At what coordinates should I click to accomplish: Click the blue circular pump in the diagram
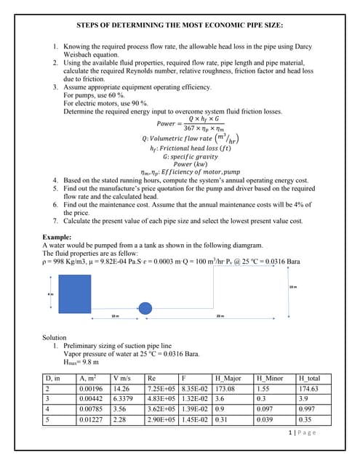click(145, 308)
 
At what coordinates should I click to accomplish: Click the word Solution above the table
click(59, 337)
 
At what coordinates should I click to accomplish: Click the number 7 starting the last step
click(56, 220)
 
